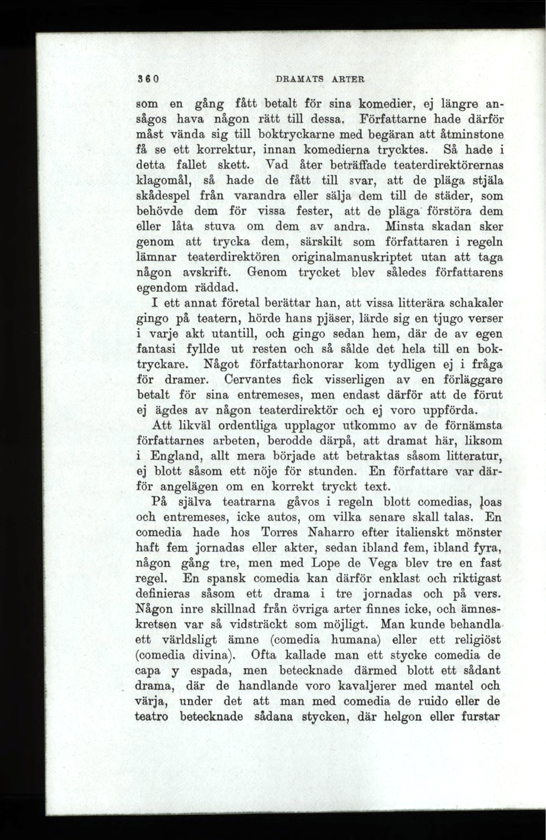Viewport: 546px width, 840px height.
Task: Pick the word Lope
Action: pyautogui.click(x=327, y=564)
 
